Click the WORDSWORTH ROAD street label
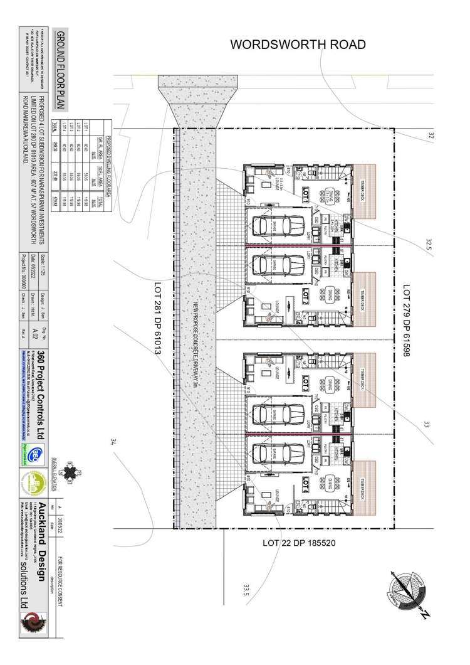pyautogui.click(x=298, y=45)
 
